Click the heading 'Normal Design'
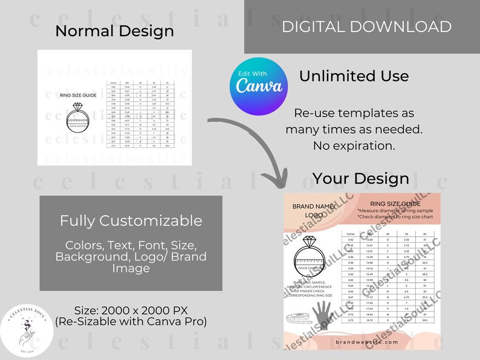pyautogui.click(x=114, y=31)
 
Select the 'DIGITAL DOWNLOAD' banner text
pyautogui.click(x=366, y=27)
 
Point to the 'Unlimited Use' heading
pyautogui.click(x=354, y=76)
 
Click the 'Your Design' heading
pyautogui.click(x=360, y=179)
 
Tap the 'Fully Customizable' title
pyautogui.click(x=131, y=221)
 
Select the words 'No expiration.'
pyautogui.click(x=354, y=146)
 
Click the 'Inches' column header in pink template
pyautogui.click(x=351, y=233)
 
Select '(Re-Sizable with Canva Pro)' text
pyautogui.click(x=131, y=322)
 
